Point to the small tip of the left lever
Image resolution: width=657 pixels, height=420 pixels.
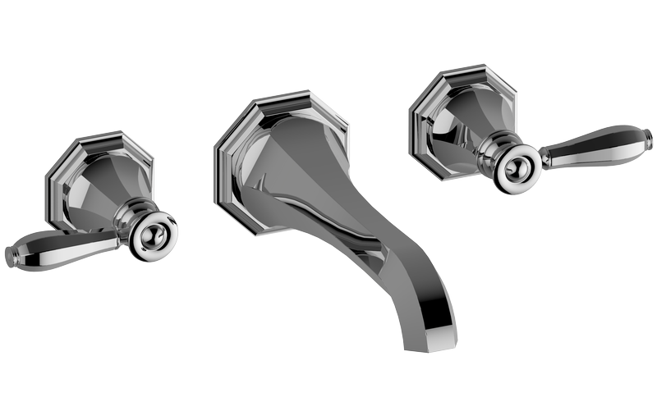11,256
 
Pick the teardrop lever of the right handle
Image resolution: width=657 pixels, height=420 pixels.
591,146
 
